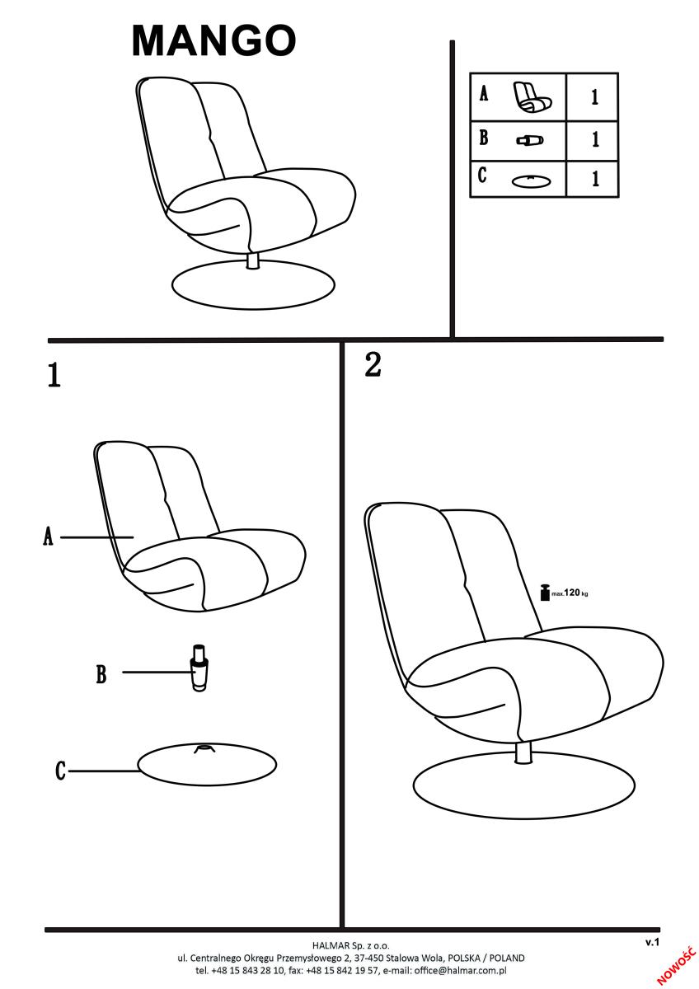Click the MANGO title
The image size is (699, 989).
point(213,40)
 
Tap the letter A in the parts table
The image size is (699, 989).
point(484,94)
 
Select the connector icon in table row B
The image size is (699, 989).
point(530,140)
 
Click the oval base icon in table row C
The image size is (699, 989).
point(531,181)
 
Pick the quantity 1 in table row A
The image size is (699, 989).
point(595,96)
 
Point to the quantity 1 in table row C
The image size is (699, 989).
point(595,178)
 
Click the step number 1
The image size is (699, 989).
point(54,375)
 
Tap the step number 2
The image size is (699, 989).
point(373,364)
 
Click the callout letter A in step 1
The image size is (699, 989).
point(48,537)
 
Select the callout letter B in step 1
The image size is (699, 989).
point(101,675)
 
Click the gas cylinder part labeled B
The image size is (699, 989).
point(199,668)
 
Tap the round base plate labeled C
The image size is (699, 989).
point(207,764)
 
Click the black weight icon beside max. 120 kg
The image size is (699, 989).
point(546,593)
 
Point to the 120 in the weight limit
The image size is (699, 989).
point(572,593)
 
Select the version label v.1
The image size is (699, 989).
point(652,942)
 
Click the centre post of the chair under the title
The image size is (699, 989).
point(252,260)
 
